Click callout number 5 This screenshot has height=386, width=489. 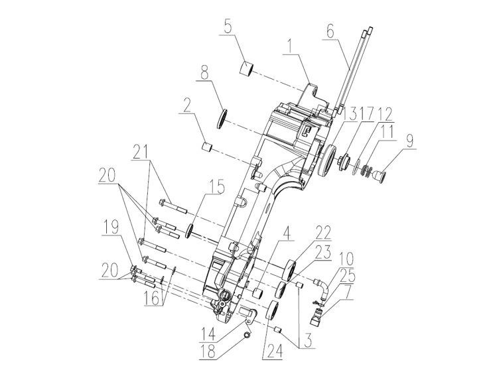point(228,27)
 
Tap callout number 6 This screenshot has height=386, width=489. point(330,31)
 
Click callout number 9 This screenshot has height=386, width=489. point(409,141)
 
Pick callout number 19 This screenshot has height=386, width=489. point(111,227)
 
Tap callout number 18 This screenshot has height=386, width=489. point(208,352)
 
